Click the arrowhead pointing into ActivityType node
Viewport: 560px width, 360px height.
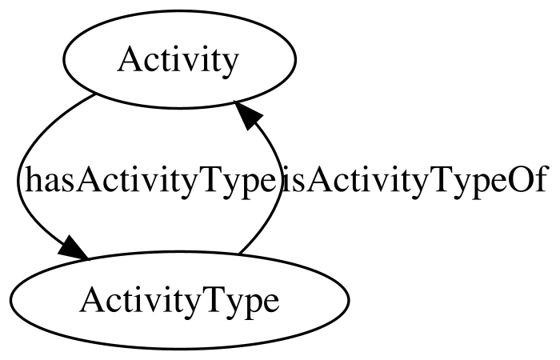coord(74,248)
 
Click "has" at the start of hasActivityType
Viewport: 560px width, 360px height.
coord(50,180)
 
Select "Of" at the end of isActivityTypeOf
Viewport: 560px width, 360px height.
coord(530,180)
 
